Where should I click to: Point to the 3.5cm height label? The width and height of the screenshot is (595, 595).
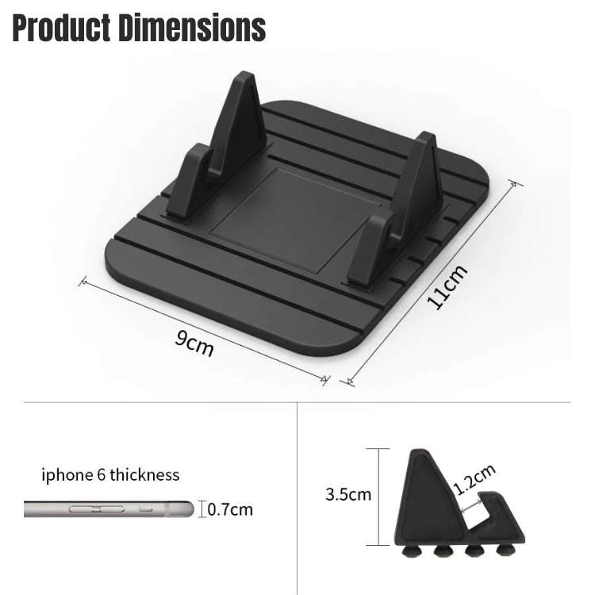(x=348, y=494)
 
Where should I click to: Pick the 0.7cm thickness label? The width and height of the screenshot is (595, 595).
(x=230, y=509)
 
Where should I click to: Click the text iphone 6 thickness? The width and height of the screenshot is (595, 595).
(x=110, y=475)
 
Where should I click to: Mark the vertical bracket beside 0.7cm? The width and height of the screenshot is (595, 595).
(x=202, y=509)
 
